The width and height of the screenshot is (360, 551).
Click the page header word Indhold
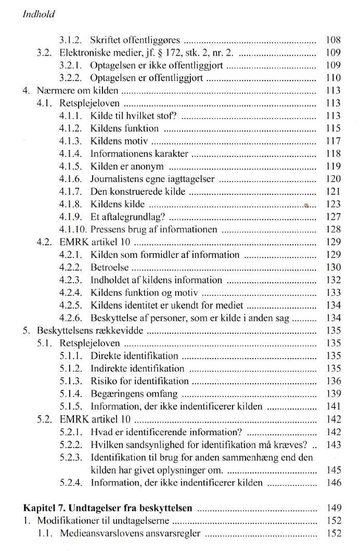point(39,15)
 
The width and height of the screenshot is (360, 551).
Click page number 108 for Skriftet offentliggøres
point(333,40)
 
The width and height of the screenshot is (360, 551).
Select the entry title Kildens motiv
point(119,141)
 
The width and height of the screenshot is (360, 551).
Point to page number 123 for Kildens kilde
point(333,204)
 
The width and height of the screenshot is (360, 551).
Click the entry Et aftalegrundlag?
point(128,217)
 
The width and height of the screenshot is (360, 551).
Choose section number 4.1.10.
point(73,229)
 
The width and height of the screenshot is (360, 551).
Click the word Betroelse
point(109,267)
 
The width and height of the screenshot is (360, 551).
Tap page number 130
point(333,267)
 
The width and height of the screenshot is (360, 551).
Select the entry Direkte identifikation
point(134,356)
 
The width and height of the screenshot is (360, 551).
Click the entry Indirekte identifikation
point(137,369)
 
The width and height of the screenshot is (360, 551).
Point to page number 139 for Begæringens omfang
point(333,393)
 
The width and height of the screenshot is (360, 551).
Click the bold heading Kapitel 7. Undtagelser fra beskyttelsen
point(108,508)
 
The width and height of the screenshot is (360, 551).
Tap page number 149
point(333,508)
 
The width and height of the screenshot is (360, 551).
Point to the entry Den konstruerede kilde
point(137,192)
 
